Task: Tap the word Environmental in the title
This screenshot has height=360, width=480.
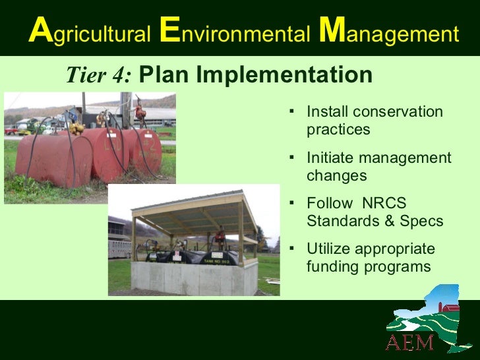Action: tap(234, 33)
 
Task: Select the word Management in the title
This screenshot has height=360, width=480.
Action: tap(389, 33)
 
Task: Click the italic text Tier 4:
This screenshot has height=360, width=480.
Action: tap(99, 76)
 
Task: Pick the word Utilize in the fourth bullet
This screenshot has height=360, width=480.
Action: tap(329, 249)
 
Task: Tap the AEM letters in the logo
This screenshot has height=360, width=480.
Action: tap(409, 342)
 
